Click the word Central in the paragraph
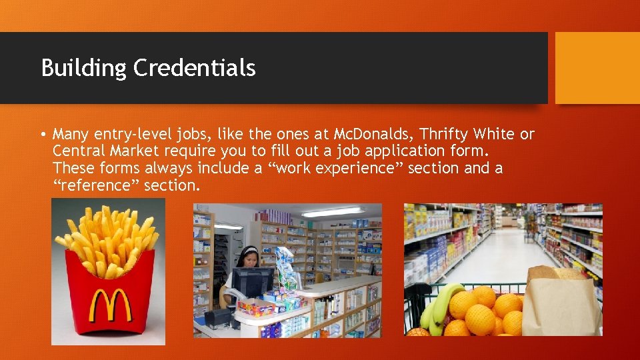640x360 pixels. (77, 151)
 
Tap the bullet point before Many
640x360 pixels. (43, 134)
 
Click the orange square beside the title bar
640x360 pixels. (597, 68)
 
